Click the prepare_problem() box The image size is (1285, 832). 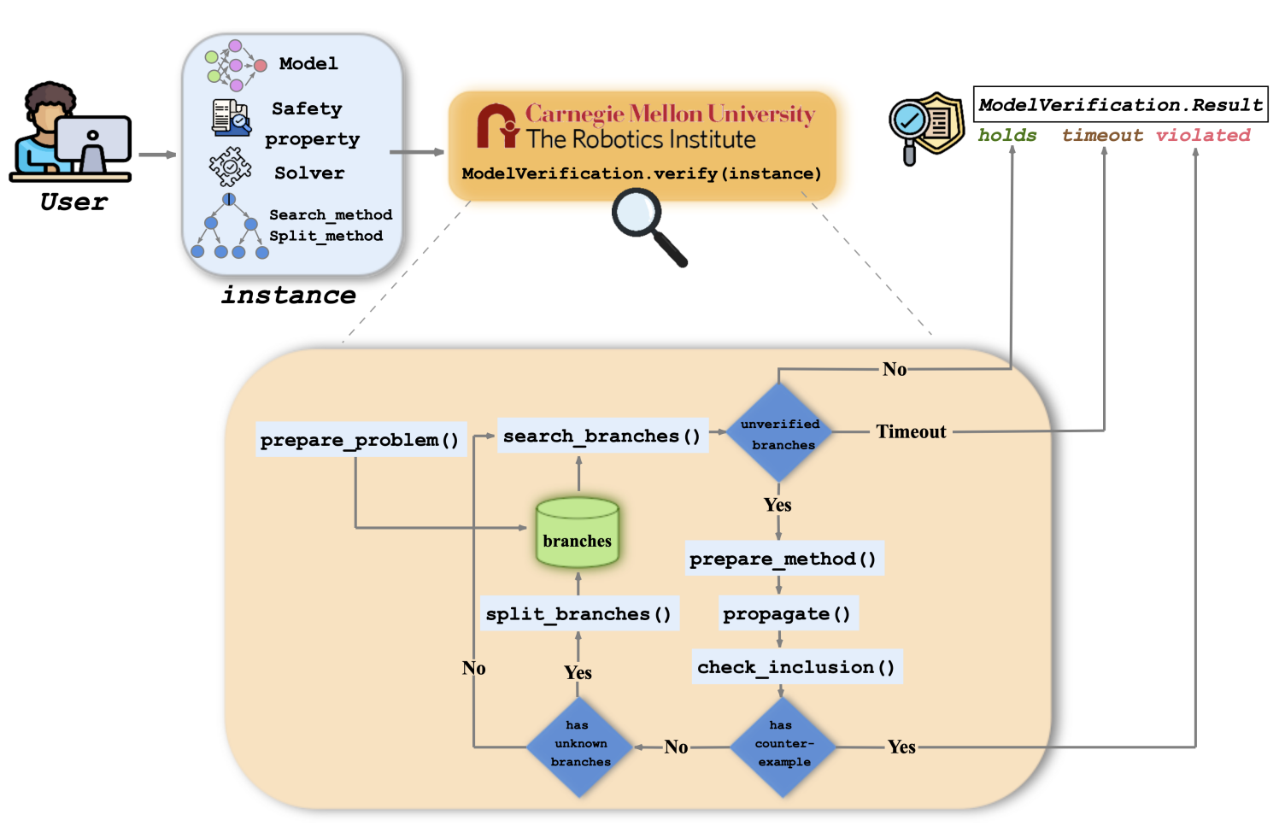tap(361, 440)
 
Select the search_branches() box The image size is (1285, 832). tap(602, 436)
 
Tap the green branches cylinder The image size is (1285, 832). tap(578, 533)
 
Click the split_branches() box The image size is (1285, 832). tap(578, 614)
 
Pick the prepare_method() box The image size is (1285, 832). tap(783, 559)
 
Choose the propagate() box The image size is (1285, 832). tap(787, 613)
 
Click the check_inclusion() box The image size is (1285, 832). tap(796, 667)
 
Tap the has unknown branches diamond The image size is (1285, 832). tap(580, 746)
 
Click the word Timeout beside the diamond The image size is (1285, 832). tap(911, 431)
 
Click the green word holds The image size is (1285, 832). tap(1007, 135)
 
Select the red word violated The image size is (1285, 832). tap(1203, 135)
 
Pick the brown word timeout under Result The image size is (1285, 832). tap(1102, 135)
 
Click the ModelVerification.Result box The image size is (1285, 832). tap(1120, 104)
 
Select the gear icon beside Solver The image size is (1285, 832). tap(230, 167)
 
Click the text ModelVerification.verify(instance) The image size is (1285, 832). tap(641, 173)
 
